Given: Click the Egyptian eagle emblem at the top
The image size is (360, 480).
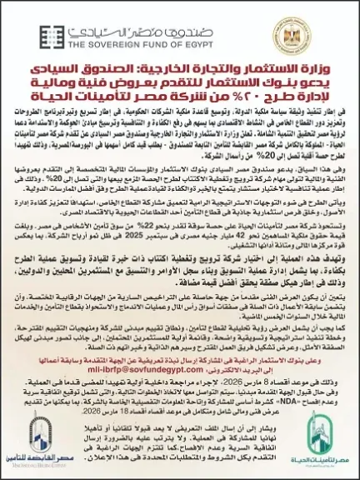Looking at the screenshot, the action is pos(327,27).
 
